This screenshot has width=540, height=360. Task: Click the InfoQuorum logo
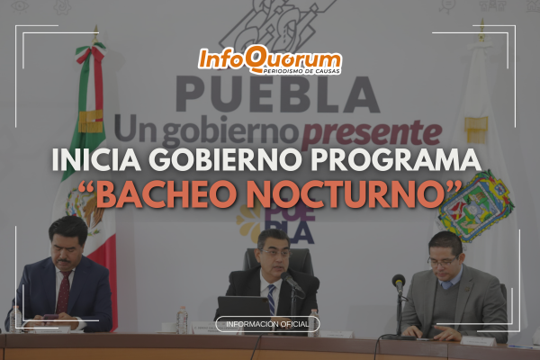(269, 62)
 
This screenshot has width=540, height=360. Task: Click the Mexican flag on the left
(90, 135)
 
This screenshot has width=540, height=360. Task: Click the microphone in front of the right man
(398, 283)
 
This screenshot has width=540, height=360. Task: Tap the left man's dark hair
(67, 226)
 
